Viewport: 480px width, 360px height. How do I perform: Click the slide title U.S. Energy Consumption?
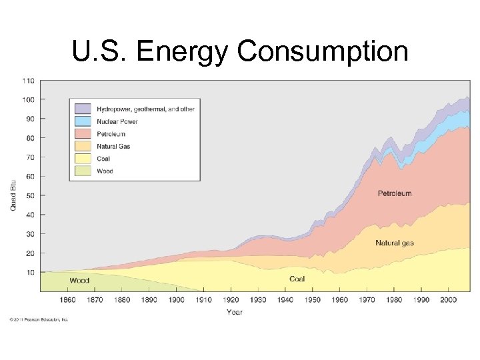[x=240, y=51]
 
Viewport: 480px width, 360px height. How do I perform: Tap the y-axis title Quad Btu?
[x=13, y=195]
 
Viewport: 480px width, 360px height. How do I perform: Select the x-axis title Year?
[x=235, y=311]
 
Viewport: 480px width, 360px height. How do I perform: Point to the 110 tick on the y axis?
[x=28, y=81]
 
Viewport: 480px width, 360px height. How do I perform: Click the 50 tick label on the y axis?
[x=30, y=195]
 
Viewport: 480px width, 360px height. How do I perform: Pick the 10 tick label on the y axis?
[x=30, y=272]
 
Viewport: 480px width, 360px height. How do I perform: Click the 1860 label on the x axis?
[x=67, y=300]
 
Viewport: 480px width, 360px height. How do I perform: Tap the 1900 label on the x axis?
[x=177, y=300]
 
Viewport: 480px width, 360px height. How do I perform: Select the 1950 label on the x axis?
[x=313, y=300]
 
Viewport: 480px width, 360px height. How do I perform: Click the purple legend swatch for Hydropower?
[x=83, y=109]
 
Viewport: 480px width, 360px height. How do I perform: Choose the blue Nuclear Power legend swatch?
[x=83, y=121]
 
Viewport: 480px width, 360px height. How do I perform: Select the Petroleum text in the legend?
[x=112, y=134]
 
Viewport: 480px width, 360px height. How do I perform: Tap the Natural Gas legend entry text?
[x=113, y=146]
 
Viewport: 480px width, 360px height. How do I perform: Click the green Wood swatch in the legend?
[x=83, y=171]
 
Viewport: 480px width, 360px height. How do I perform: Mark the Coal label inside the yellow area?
[x=297, y=279]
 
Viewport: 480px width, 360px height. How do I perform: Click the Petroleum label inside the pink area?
[x=395, y=193]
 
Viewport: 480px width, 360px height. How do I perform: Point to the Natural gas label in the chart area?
[x=395, y=243]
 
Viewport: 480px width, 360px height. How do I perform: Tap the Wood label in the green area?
[x=79, y=281]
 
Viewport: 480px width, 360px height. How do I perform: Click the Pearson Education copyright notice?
[x=39, y=320]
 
